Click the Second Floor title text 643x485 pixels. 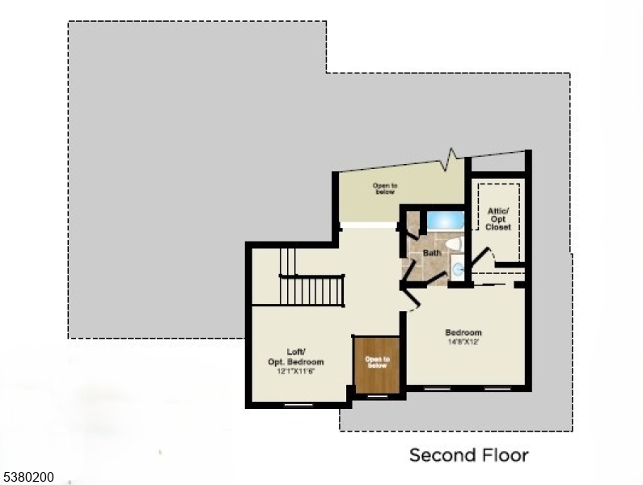[468, 455]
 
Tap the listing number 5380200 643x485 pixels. [28, 478]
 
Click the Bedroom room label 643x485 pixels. [463, 332]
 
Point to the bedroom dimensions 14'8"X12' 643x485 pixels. [463, 342]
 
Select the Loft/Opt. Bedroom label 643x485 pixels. [296, 356]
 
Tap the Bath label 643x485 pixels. [432, 253]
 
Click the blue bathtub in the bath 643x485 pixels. [444, 220]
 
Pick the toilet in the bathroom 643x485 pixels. [453, 242]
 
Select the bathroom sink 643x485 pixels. [457, 268]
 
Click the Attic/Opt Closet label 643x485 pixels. [498, 219]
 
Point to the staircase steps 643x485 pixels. [312, 289]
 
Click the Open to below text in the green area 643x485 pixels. [384, 188]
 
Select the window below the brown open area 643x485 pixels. [377, 397]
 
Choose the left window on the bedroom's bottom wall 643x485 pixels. [438, 389]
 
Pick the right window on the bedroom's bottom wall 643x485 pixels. [497, 389]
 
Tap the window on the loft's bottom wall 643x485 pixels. [298, 403]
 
